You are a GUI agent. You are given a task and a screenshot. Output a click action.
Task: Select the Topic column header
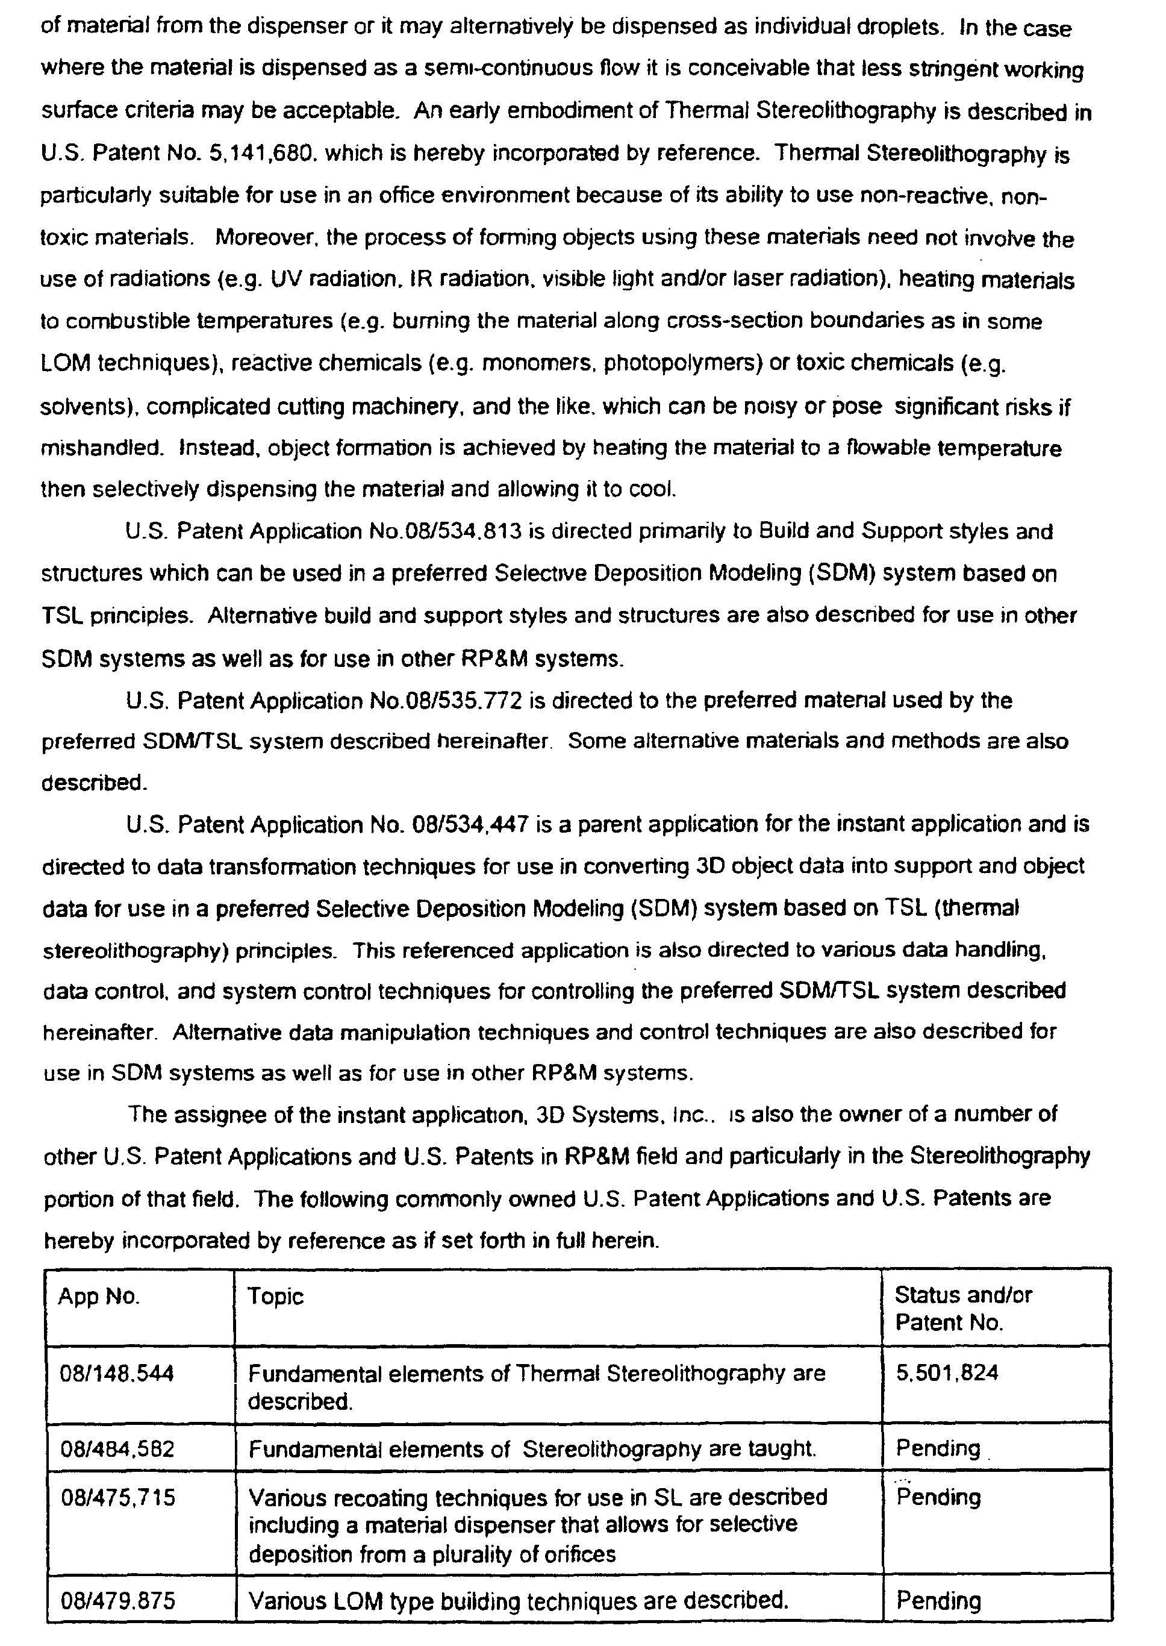coord(276,1297)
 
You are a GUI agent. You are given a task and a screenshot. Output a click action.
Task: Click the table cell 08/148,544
coord(117,1374)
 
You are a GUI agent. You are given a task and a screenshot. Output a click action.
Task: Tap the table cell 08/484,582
coord(117,1448)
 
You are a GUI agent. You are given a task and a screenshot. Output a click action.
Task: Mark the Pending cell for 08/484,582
coord(938,1448)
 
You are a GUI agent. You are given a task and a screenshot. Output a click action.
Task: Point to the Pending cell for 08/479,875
coord(938,1601)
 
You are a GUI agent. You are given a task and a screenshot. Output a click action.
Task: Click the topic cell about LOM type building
coord(518,1601)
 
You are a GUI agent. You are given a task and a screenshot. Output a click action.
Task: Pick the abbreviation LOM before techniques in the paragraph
coord(65,364)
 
